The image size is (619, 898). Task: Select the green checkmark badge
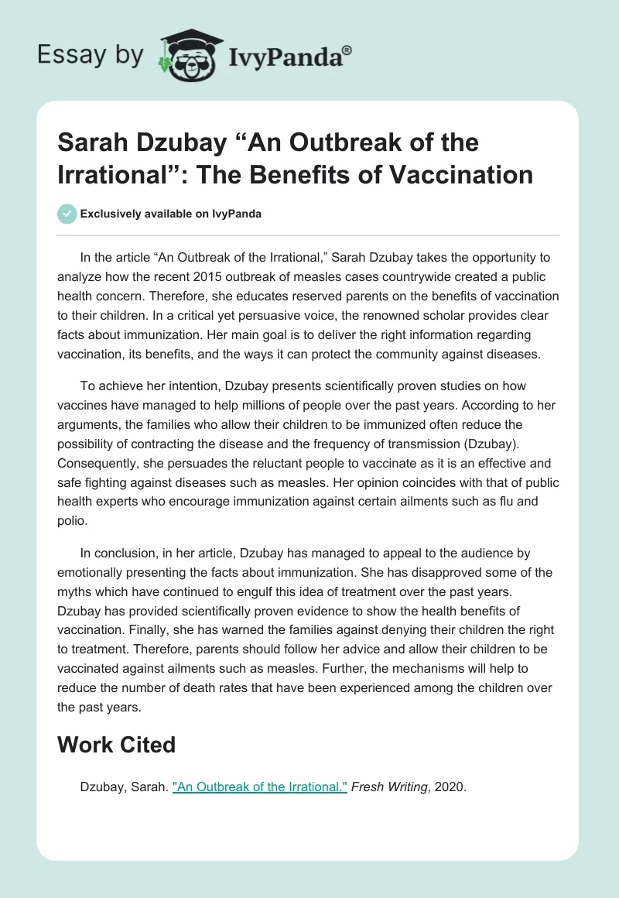(x=68, y=214)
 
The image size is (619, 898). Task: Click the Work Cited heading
(x=117, y=745)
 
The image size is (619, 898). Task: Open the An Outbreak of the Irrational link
(x=260, y=787)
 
